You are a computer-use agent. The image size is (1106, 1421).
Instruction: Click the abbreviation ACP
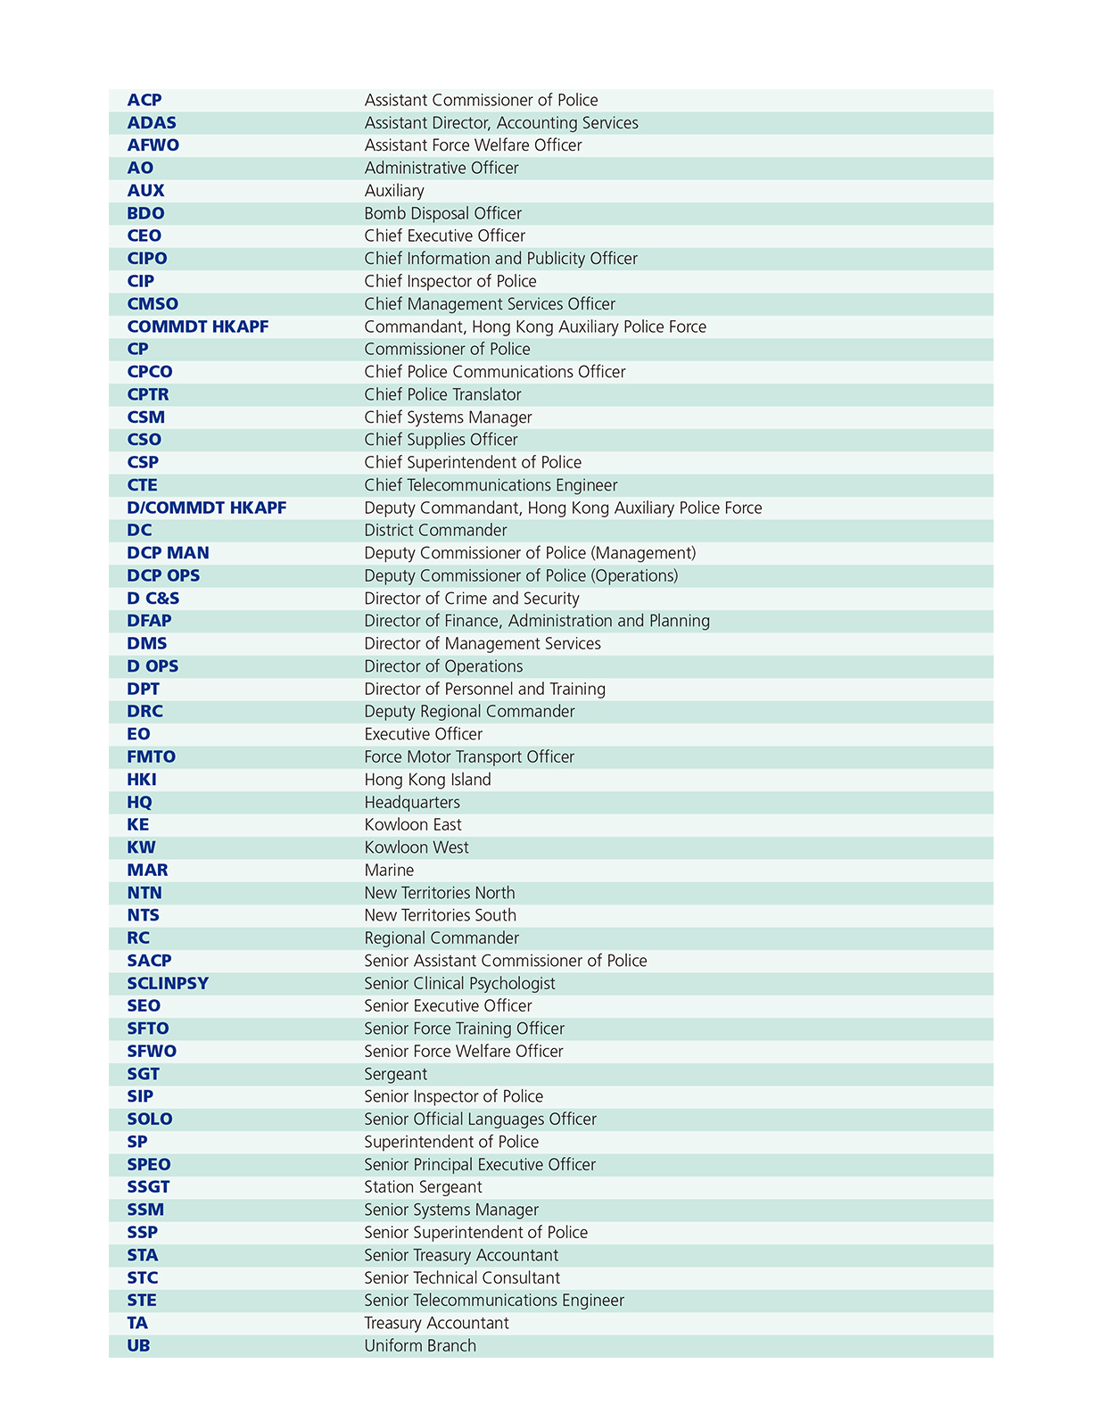pyautogui.click(x=144, y=100)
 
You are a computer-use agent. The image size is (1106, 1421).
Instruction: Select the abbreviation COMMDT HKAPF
pyautogui.click(x=198, y=326)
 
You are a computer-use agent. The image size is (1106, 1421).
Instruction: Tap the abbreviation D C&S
pyautogui.click(x=153, y=599)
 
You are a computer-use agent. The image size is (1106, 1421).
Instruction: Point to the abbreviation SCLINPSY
pyautogui.click(x=168, y=983)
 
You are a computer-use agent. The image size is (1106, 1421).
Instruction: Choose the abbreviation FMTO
pyautogui.click(x=152, y=756)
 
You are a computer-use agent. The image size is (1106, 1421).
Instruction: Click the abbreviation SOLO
pyautogui.click(x=150, y=1119)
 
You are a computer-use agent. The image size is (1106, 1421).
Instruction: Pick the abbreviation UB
pyautogui.click(x=138, y=1345)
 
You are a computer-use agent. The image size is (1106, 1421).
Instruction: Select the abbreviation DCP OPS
pyautogui.click(x=163, y=575)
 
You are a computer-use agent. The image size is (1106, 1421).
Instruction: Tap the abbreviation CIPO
pyautogui.click(x=147, y=259)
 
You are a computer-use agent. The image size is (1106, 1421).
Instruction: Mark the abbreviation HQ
pyautogui.click(x=139, y=802)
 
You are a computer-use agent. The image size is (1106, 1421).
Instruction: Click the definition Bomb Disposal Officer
pyautogui.click(x=443, y=213)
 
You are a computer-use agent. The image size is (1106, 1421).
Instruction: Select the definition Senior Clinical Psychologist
pyautogui.click(x=459, y=983)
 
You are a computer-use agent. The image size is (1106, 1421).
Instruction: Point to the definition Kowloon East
pyautogui.click(x=413, y=825)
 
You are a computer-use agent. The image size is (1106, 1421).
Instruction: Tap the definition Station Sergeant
pyautogui.click(x=423, y=1187)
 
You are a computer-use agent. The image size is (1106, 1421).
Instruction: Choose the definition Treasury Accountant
pyautogui.click(x=436, y=1323)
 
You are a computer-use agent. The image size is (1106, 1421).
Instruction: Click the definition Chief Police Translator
pyautogui.click(x=442, y=394)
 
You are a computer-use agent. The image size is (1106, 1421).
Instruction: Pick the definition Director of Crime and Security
pyautogui.click(x=472, y=599)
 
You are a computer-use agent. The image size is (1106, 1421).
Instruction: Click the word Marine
pyautogui.click(x=389, y=870)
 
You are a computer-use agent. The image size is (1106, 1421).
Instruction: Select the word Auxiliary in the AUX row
pyautogui.click(x=394, y=191)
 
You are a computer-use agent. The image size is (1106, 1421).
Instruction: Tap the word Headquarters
pyautogui.click(x=412, y=802)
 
